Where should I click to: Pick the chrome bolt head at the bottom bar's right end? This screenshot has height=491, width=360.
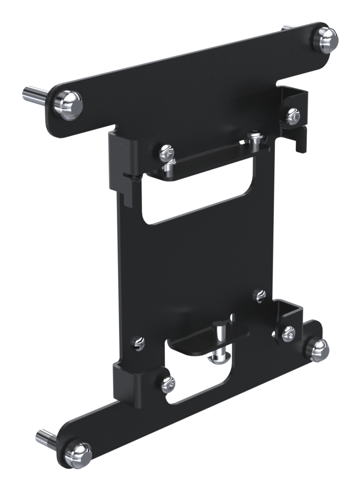pos(317,349)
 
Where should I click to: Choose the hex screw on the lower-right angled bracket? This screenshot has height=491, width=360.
pos(288,334)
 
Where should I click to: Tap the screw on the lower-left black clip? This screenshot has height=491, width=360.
pos(168,383)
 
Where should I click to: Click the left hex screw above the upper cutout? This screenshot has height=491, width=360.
pos(166,152)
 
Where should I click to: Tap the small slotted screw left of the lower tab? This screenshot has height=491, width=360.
pos(140,342)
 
